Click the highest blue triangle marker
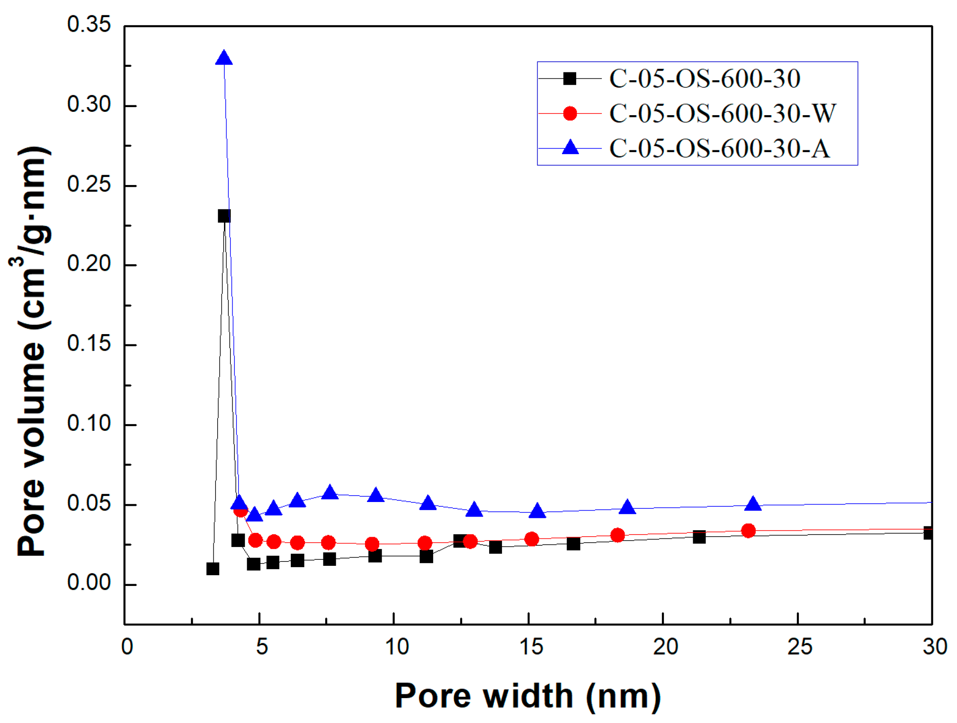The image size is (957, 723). point(224,58)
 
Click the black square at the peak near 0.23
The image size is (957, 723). point(224,216)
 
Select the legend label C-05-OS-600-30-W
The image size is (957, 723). point(722,114)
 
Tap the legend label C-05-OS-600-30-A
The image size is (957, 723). point(720,148)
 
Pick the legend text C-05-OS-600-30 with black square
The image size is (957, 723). point(704,79)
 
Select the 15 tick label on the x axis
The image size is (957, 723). point(531,647)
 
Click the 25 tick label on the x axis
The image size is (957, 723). point(799,647)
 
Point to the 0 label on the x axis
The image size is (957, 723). point(127,647)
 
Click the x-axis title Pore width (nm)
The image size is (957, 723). point(528,696)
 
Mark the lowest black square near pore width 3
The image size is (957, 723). point(212,568)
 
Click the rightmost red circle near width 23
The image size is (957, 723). point(748,530)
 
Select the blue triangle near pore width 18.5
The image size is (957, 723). point(627,507)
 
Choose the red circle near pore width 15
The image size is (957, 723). point(531,539)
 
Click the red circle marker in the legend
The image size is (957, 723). point(570,114)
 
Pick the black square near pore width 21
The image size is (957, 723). point(699,537)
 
